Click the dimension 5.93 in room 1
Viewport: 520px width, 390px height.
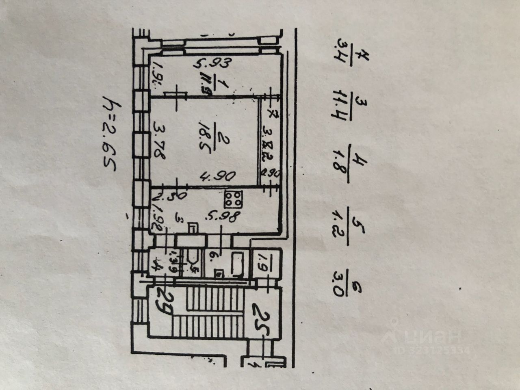pyautogui.click(x=211, y=64)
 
